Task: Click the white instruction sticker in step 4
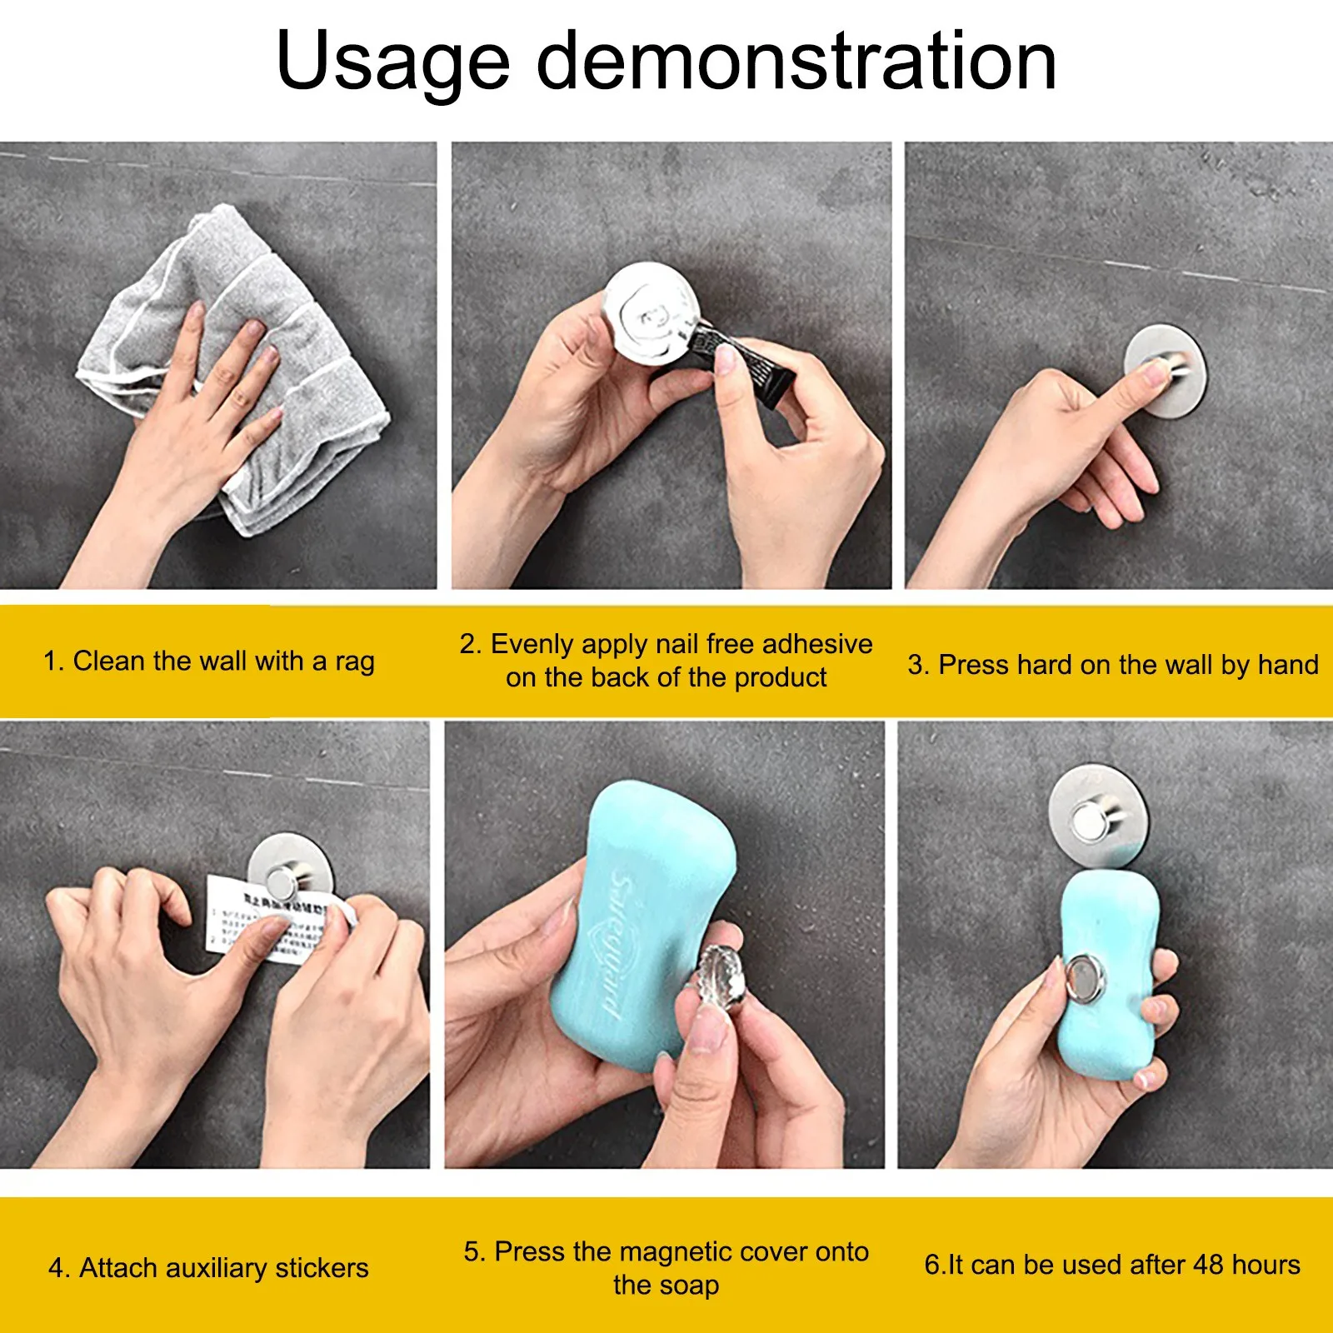250,921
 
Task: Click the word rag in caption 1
354,662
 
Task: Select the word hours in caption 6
1266,1265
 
